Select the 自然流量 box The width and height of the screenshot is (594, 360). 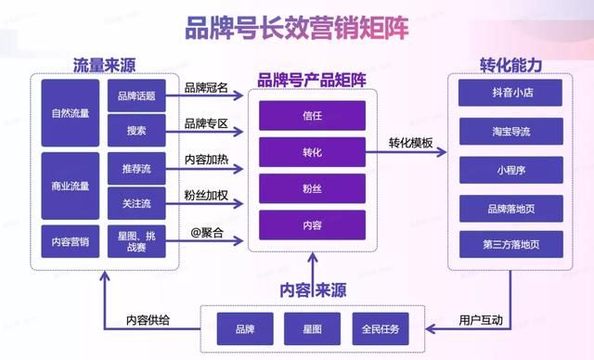(71, 114)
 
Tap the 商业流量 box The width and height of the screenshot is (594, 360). (71, 186)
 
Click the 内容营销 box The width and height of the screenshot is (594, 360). (71, 241)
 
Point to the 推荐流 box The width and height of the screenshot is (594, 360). (136, 170)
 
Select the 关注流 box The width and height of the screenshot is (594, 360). (136, 203)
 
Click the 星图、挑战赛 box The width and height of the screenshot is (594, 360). (136, 241)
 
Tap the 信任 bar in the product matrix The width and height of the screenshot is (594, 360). (312, 116)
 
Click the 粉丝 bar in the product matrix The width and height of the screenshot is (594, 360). (312, 187)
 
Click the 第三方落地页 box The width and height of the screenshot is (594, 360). (510, 244)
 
